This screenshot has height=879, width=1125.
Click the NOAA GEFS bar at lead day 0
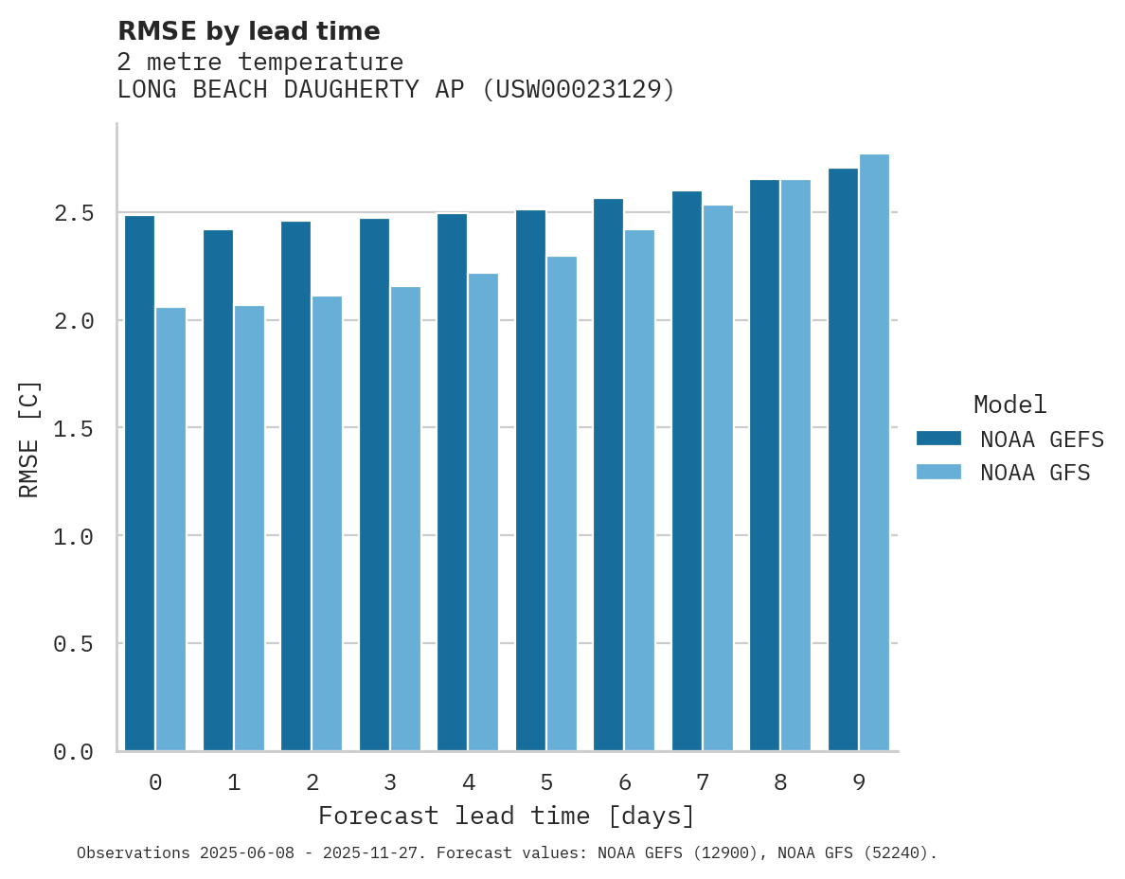click(x=139, y=483)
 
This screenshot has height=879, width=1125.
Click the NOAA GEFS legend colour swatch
click(x=938, y=439)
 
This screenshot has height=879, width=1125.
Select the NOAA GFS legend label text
click(x=1035, y=473)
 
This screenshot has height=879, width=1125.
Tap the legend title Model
click(x=1009, y=405)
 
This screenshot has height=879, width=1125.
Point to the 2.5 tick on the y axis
click(x=74, y=212)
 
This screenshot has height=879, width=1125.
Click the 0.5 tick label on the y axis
click(x=74, y=644)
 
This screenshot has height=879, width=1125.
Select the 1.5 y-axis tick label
click(x=74, y=428)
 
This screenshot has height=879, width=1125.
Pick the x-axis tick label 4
click(x=468, y=782)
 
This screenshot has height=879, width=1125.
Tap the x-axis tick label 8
click(x=780, y=782)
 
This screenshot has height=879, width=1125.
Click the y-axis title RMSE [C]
click(x=29, y=439)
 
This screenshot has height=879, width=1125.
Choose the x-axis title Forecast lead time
click(x=507, y=816)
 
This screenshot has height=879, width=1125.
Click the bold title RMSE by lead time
click(x=248, y=31)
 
